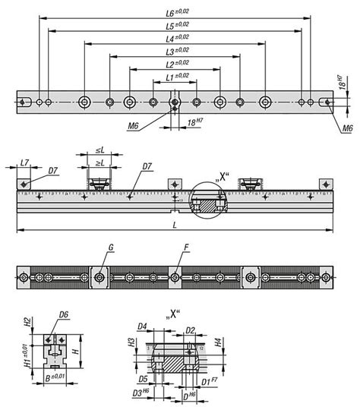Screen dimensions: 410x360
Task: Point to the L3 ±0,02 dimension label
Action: tap(176, 50)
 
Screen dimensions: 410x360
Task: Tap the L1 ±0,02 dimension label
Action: tap(176, 76)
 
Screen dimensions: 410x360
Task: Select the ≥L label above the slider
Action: tap(99, 162)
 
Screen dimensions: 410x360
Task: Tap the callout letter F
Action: tap(185, 248)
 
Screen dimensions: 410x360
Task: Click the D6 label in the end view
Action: tap(64, 314)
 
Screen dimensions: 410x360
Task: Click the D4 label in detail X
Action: tap(141, 327)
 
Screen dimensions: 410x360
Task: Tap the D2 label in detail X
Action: tap(190, 330)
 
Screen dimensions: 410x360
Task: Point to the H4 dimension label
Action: tap(219, 342)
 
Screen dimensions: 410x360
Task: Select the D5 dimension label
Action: tap(143, 377)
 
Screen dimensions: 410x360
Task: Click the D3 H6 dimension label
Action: tap(140, 393)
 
